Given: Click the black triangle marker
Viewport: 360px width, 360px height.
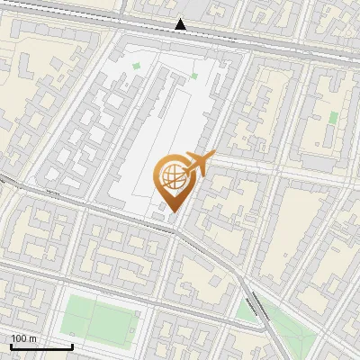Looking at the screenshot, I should coord(181,25).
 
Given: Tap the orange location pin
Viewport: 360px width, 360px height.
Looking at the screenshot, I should coord(172,180).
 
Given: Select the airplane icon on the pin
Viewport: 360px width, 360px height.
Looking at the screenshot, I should coord(196,163).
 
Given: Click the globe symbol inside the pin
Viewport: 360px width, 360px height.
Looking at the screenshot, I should coord(171,175).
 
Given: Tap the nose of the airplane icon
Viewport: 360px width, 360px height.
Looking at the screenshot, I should coord(213,157).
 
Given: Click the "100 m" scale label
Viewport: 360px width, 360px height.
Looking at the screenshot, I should coord(23,338).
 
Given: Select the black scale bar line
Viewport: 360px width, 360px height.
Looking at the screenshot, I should coord(41,346).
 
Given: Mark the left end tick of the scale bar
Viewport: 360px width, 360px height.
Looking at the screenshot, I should coord(11,345).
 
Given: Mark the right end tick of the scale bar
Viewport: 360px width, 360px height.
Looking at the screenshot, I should coord(72,345).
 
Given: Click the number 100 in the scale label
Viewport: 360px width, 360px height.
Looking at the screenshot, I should coord(19,338).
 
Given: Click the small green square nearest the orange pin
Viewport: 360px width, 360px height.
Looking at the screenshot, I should coord(193,76).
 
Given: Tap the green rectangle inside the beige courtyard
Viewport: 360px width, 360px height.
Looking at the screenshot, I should coord(333,117).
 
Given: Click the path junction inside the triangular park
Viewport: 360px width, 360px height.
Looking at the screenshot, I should coord(286,329).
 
